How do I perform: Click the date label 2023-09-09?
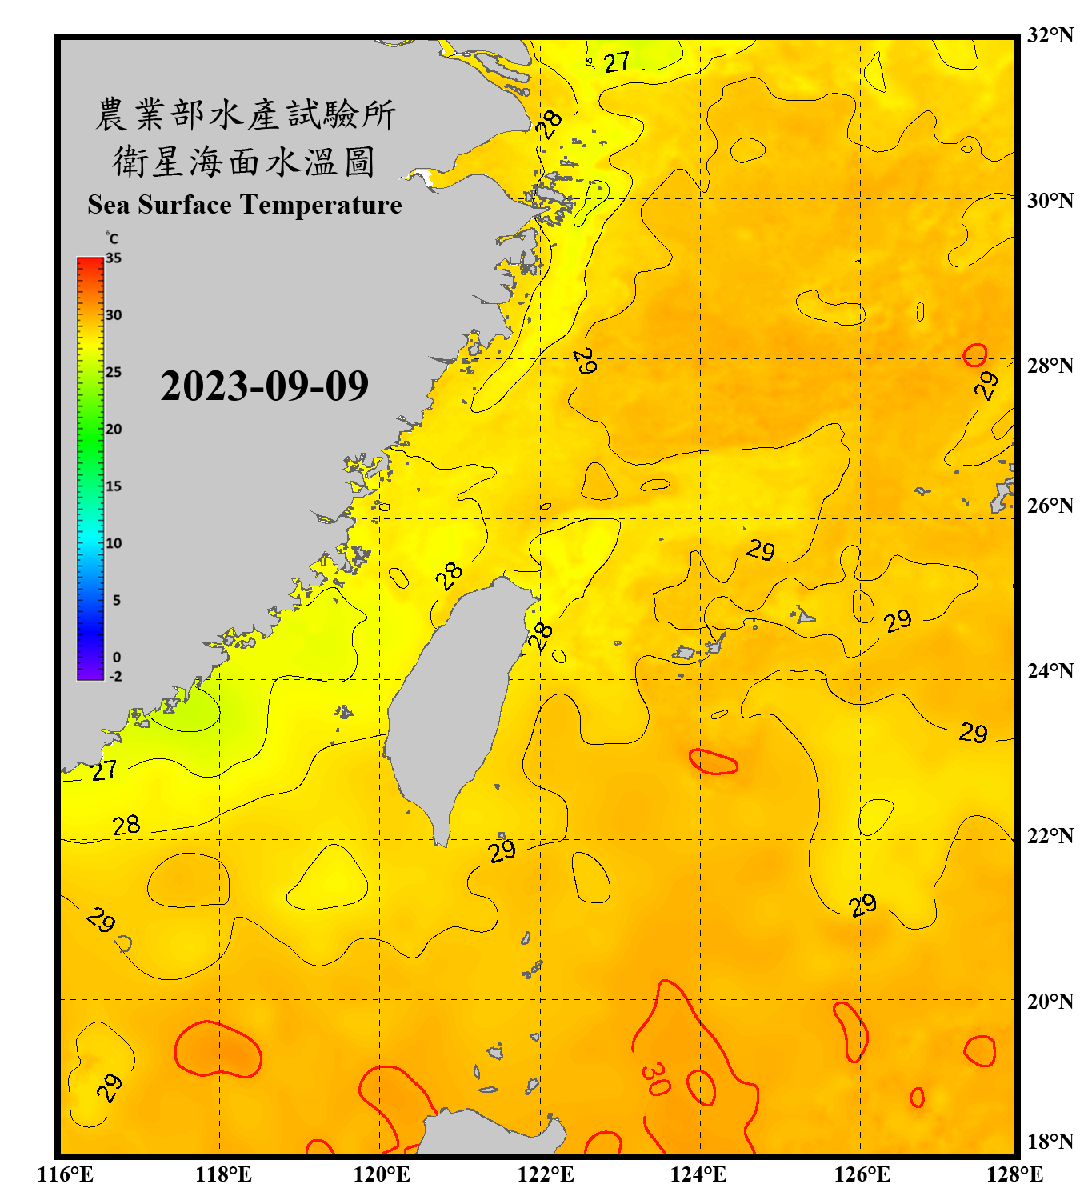(x=264, y=386)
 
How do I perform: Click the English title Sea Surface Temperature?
(x=245, y=205)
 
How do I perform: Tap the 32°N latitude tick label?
(x=1050, y=35)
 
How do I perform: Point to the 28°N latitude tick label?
(x=1050, y=365)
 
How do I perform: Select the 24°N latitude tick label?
(x=1050, y=670)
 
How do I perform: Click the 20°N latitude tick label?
(x=1050, y=1001)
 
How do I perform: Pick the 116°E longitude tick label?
(x=66, y=1174)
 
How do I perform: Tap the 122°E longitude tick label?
(x=546, y=1174)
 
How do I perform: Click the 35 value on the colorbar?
(x=114, y=258)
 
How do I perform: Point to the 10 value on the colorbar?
(x=114, y=543)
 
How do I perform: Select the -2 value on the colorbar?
(x=115, y=676)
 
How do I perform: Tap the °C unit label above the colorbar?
(x=111, y=238)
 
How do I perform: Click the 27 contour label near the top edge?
(x=617, y=62)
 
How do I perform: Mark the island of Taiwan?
(x=452, y=704)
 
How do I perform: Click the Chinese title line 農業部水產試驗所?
(x=245, y=114)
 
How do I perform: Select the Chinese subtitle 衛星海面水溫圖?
(x=245, y=162)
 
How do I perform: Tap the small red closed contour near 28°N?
(x=974, y=354)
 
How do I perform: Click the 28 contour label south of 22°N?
(x=126, y=825)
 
